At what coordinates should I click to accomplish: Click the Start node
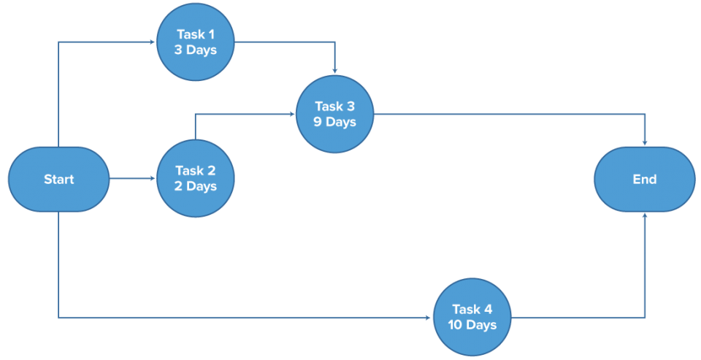(58, 179)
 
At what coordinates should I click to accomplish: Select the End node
(644, 179)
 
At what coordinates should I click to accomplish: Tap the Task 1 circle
(196, 42)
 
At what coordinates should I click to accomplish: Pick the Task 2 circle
(196, 179)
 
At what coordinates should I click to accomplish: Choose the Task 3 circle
(335, 114)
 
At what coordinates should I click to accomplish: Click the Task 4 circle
(474, 317)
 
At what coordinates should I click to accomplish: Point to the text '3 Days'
(196, 50)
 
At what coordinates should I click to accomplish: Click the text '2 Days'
(196, 187)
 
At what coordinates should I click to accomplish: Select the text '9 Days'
(335, 122)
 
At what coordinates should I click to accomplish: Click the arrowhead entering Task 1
(153, 42)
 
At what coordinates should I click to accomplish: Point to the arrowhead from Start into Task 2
(153, 179)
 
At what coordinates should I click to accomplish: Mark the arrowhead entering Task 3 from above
(335, 71)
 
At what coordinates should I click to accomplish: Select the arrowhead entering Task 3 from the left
(292, 114)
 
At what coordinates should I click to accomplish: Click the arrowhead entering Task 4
(429, 317)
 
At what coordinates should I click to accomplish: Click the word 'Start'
(58, 179)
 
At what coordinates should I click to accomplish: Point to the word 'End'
(644, 179)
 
